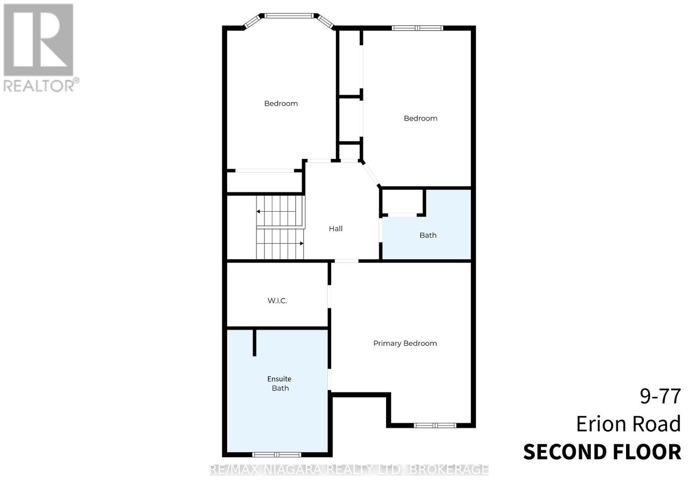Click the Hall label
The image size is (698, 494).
(x=335, y=229)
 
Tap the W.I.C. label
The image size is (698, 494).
(x=277, y=301)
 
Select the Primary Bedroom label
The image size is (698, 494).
(x=405, y=343)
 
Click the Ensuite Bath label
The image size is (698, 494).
(x=280, y=384)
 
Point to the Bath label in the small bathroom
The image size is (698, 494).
(x=428, y=235)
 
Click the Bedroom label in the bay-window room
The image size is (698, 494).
(x=281, y=103)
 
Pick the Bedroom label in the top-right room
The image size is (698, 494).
(x=421, y=118)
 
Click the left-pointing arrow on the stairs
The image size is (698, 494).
(x=258, y=212)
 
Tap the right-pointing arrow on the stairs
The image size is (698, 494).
(x=301, y=244)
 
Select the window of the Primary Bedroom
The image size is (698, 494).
(x=435, y=425)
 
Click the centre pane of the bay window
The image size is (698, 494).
(x=289, y=16)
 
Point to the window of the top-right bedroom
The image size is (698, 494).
(x=417, y=28)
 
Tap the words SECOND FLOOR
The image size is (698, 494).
(x=602, y=452)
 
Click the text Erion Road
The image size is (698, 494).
(x=628, y=424)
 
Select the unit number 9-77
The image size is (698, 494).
(x=660, y=396)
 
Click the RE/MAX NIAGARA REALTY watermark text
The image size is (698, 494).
(x=349, y=470)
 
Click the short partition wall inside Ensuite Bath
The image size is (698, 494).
(x=254, y=342)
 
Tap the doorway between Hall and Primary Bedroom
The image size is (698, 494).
(x=346, y=261)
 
